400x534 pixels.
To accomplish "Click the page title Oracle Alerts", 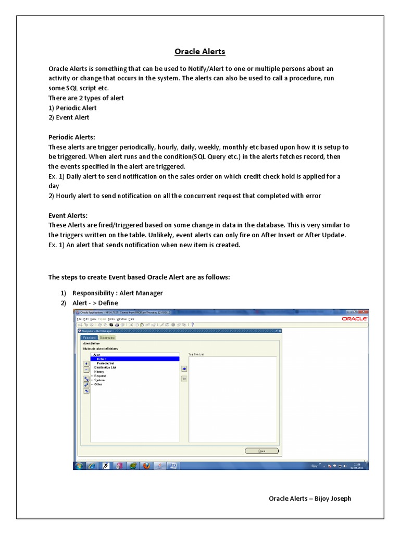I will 199,52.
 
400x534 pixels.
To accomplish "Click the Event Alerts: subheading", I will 68,215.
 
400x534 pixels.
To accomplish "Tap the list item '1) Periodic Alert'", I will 72,108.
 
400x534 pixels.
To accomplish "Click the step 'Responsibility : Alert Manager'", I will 117,293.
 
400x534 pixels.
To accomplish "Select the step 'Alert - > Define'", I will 95,303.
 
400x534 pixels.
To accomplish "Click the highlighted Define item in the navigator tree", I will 102,359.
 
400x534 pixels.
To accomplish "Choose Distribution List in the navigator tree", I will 105,367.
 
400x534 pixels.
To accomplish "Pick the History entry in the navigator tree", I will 99,371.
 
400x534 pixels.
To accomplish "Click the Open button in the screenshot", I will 261,451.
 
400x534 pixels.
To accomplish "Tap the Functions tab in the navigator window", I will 89,337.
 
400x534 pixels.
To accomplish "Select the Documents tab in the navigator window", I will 107,337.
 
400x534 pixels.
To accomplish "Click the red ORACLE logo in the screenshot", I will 355,318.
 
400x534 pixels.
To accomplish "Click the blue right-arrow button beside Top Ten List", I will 184,368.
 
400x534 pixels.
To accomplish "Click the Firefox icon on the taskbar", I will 147,465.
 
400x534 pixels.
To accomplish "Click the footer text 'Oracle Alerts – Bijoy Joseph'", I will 309,499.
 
